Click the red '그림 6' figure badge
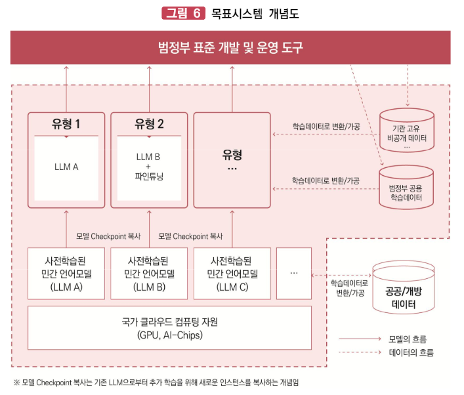(x=183, y=13)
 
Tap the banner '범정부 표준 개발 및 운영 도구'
(x=230, y=47)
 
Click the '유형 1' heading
(x=66, y=123)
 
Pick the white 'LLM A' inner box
(x=66, y=167)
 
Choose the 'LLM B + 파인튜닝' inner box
(x=148, y=167)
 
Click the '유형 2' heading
(x=149, y=123)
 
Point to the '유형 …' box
(x=232, y=161)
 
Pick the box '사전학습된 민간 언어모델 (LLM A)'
(x=66, y=273)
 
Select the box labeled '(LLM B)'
(x=148, y=273)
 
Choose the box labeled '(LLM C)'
(x=232, y=273)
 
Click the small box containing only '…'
(x=293, y=273)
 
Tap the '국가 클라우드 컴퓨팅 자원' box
(x=169, y=328)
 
